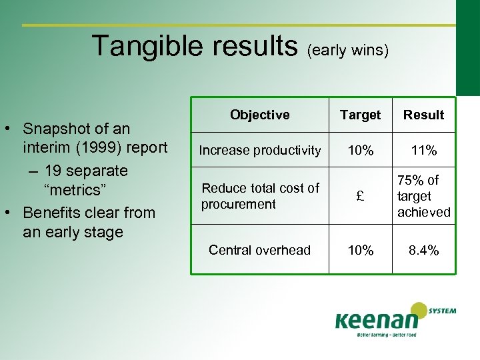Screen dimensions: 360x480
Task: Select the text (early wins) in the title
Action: (x=348, y=50)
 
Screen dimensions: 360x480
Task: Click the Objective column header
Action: (x=259, y=115)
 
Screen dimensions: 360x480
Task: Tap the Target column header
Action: (x=360, y=115)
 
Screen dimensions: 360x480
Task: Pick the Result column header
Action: (x=423, y=115)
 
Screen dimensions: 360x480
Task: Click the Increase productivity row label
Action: (x=259, y=151)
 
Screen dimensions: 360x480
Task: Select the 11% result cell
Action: (x=423, y=151)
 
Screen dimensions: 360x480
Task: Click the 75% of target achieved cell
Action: (x=423, y=196)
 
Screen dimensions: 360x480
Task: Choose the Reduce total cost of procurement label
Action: (x=260, y=196)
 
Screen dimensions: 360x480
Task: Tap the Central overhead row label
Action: (x=259, y=250)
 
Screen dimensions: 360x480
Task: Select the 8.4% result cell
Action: (x=423, y=250)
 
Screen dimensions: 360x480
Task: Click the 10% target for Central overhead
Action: (x=360, y=250)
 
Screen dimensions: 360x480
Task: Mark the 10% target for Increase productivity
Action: (x=360, y=151)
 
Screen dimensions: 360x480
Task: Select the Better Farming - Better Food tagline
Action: (x=386, y=335)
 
